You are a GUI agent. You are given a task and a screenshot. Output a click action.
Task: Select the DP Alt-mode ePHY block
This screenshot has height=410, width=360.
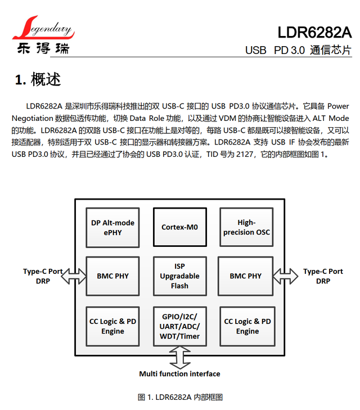(x=112, y=227)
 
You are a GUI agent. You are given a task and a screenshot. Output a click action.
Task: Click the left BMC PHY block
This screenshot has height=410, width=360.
(x=112, y=276)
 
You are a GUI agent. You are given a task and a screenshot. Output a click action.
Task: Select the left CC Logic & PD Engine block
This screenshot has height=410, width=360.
(x=112, y=326)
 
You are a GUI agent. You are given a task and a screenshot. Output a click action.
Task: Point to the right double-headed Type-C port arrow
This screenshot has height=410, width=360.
(x=285, y=276)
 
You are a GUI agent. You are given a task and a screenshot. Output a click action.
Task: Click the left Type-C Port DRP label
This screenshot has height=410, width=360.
(x=43, y=276)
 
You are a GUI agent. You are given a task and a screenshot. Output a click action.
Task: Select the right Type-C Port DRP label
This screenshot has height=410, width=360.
(x=323, y=276)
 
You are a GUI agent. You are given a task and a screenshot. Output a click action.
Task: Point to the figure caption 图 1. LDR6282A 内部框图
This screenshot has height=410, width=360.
(x=180, y=397)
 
